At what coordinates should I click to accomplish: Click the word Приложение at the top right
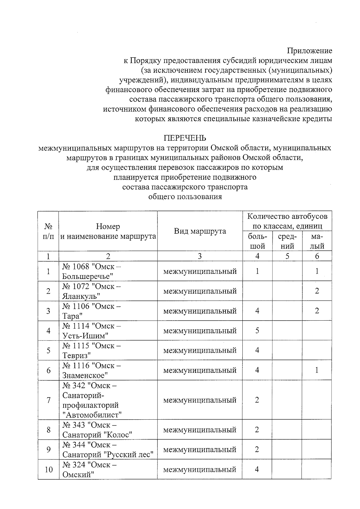(310, 51)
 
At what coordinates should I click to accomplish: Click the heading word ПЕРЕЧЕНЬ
(185, 138)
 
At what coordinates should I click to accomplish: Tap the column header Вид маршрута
(200, 231)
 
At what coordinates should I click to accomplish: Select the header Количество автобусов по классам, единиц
(287, 221)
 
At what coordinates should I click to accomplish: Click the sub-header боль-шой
(257, 241)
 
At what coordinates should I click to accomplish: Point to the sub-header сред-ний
(287, 241)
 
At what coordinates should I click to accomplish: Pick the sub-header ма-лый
(317, 241)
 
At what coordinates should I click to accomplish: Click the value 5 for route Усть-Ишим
(257, 331)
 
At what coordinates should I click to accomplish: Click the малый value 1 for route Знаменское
(317, 370)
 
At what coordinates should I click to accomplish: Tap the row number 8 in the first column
(48, 430)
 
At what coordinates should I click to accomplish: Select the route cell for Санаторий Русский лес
(108, 449)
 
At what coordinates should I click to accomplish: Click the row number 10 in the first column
(49, 469)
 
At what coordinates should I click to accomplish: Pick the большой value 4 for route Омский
(257, 469)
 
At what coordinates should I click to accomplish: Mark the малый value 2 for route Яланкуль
(317, 291)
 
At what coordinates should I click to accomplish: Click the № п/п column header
(48, 231)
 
